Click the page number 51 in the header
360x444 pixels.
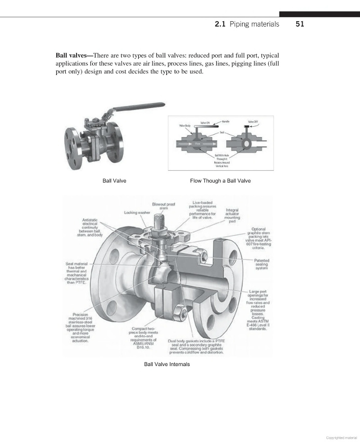(299, 24)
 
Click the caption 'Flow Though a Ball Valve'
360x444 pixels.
(220, 181)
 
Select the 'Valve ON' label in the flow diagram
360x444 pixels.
(205, 123)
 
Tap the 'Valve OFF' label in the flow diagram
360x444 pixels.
(253, 121)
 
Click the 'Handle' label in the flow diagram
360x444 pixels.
(226, 121)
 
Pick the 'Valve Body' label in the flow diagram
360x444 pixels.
(184, 126)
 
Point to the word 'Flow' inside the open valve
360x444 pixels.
(198, 144)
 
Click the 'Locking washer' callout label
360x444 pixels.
(137, 213)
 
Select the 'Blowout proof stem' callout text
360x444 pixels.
(164, 206)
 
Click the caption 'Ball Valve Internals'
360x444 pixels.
(166, 364)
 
